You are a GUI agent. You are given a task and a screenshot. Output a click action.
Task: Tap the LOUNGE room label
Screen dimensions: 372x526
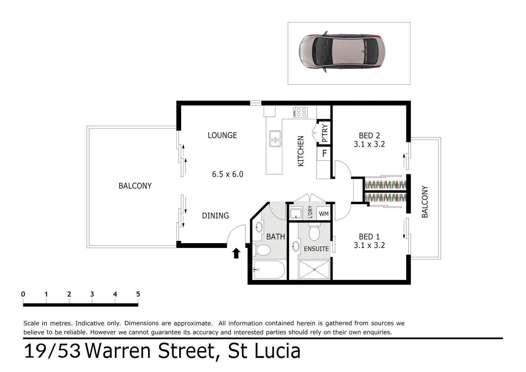[222, 135]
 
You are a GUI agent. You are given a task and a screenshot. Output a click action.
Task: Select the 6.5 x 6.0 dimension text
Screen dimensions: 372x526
[228, 174]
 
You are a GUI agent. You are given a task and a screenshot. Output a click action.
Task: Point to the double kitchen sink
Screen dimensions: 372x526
[275, 139]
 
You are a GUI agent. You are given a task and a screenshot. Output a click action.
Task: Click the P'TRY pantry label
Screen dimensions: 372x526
[324, 133]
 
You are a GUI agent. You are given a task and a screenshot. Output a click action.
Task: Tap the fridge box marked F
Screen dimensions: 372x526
[324, 153]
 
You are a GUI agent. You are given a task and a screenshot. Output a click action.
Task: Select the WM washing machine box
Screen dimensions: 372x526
[324, 214]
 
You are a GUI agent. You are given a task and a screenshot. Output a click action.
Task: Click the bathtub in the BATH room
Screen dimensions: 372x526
[269, 270]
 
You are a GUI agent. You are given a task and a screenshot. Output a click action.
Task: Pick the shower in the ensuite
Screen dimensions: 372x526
[314, 270]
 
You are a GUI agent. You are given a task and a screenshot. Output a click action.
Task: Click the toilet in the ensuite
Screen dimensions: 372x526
[314, 233]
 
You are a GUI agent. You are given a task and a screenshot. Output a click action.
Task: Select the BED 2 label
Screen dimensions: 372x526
[369, 136]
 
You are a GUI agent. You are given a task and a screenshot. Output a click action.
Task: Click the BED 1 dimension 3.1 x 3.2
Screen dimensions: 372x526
[369, 245]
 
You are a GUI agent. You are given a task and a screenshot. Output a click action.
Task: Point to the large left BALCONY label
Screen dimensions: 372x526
[135, 186]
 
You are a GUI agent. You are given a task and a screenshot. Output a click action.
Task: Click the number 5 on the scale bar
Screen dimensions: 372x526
[138, 294]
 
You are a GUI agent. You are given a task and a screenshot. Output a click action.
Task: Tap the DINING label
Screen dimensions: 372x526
[215, 216]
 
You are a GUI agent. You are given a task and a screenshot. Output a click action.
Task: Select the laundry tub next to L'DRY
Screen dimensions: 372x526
[296, 214]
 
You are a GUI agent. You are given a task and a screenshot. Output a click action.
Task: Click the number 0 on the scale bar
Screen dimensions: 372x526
[23, 294]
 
